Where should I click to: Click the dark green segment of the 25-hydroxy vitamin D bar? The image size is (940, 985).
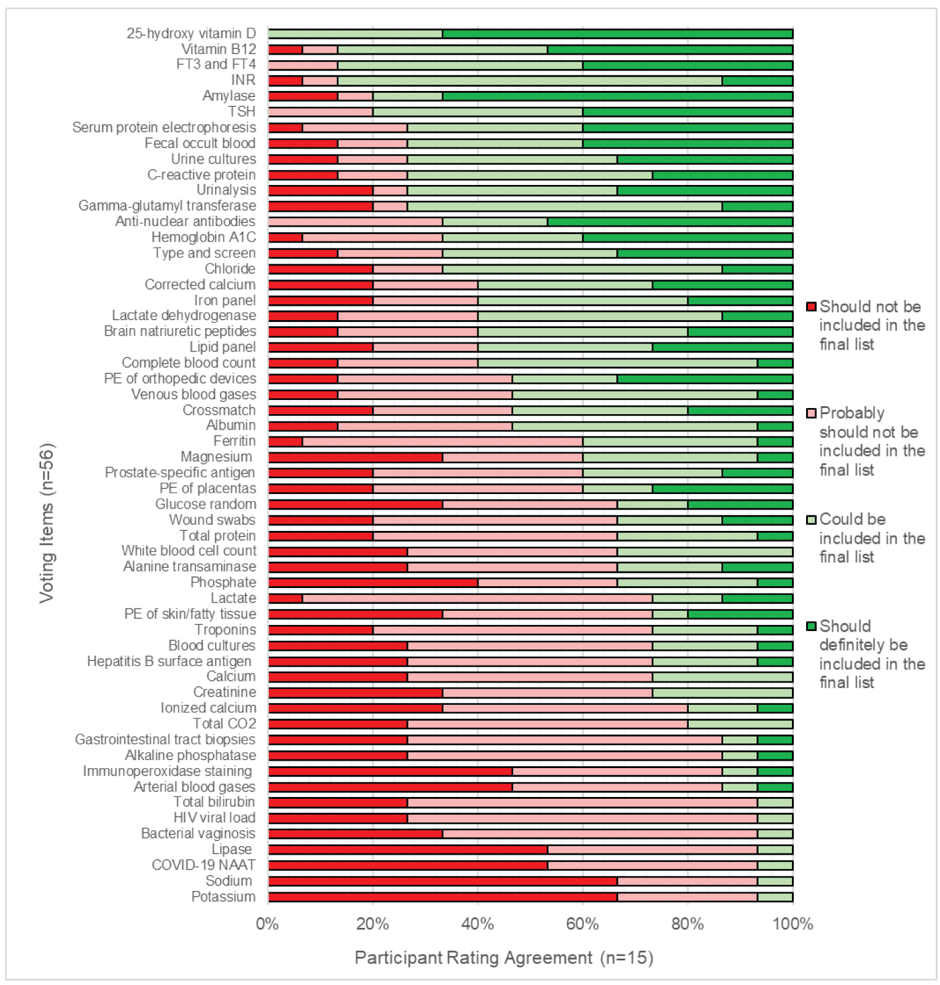pyautogui.click(x=617, y=34)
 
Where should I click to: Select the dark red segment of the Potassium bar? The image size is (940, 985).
pyautogui.click(x=442, y=897)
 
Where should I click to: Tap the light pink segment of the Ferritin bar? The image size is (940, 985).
pyautogui.click(x=442, y=441)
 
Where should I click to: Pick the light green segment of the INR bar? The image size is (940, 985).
pyautogui.click(x=530, y=80)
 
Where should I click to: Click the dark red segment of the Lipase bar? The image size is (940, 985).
pyautogui.click(x=407, y=850)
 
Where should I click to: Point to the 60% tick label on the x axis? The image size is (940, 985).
pyautogui.click(x=582, y=924)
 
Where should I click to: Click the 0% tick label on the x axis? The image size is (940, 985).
pyautogui.click(x=268, y=924)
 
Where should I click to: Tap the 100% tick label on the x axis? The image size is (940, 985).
pyautogui.click(x=792, y=924)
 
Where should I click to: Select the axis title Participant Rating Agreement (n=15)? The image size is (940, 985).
pyautogui.click(x=504, y=957)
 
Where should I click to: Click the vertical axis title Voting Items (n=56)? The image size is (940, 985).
pyautogui.click(x=47, y=522)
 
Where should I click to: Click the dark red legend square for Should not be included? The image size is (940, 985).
pyautogui.click(x=811, y=307)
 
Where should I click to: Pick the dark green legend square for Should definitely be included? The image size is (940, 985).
pyautogui.click(x=811, y=626)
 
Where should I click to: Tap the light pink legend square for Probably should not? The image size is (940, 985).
pyautogui.click(x=811, y=413)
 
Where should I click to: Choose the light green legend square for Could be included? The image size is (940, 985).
pyautogui.click(x=811, y=520)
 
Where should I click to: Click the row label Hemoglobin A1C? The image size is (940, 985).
pyautogui.click(x=203, y=237)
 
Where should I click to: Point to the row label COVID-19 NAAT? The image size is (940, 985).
pyautogui.click(x=203, y=865)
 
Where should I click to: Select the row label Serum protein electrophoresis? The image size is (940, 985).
pyautogui.click(x=164, y=127)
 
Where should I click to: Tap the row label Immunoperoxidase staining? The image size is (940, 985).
pyautogui.click(x=167, y=771)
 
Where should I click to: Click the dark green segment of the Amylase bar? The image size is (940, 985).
pyautogui.click(x=617, y=96)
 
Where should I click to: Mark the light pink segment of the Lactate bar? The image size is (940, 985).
pyautogui.click(x=477, y=598)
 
